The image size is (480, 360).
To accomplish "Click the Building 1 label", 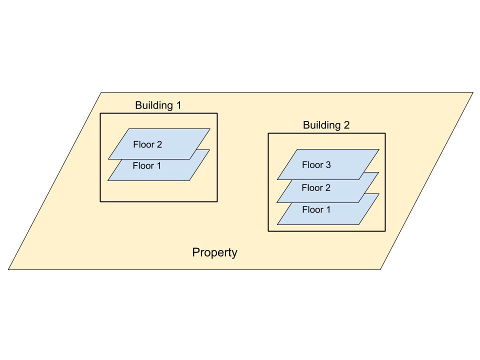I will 158,105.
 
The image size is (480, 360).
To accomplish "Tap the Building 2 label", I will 326,125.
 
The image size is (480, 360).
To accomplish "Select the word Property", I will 214,252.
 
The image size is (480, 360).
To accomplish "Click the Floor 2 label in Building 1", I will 147,144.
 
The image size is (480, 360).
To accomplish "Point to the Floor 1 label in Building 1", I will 147,165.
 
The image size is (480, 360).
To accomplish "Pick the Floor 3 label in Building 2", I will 316,164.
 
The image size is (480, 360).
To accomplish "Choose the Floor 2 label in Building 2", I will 316,188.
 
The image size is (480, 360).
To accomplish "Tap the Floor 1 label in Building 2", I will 316,210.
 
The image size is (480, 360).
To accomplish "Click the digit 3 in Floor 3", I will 328,164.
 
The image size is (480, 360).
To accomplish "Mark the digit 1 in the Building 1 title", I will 177,105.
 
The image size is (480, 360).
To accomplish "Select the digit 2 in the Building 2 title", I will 346,125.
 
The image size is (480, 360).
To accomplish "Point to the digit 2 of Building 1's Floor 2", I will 159,144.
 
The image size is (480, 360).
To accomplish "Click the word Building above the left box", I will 153,105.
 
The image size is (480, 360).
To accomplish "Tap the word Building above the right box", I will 321,125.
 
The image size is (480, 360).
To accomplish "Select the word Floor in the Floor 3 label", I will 312,164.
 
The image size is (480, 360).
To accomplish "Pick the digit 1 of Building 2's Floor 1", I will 328,210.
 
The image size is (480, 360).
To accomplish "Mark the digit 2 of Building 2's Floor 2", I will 328,188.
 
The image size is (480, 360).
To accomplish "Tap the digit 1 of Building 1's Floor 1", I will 158,165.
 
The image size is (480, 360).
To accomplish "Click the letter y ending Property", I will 234,254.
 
